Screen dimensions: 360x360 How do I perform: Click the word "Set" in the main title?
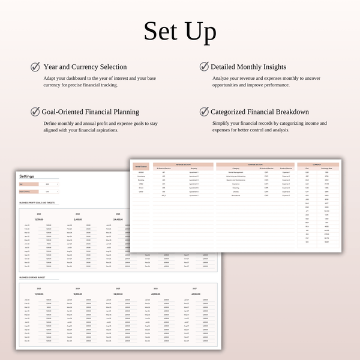[160, 31]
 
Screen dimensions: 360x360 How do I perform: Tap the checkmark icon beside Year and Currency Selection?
[35, 67]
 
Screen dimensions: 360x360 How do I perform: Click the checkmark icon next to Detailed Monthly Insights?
[203, 67]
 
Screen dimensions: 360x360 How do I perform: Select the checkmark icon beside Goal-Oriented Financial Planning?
[35, 112]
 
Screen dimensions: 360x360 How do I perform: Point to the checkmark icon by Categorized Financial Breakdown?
[203, 112]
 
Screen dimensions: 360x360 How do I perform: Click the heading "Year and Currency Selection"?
[85, 67]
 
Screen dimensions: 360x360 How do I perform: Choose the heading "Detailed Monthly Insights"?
[248, 67]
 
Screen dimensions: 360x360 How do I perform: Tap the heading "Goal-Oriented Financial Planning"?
[90, 112]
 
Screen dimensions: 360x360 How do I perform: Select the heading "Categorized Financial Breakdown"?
[260, 112]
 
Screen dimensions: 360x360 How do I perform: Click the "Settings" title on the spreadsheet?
[27, 176]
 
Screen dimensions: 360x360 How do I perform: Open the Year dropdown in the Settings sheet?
[52, 184]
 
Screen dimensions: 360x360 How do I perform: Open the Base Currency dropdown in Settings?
[52, 191]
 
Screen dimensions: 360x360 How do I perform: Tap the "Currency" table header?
[317, 164]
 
